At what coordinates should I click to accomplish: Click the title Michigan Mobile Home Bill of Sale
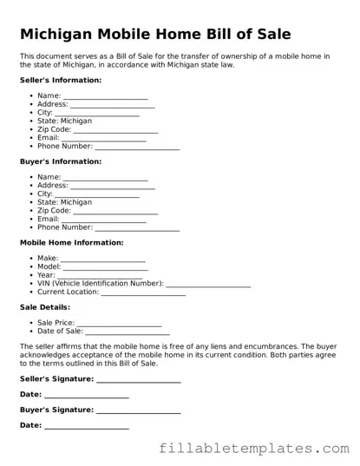point(155,35)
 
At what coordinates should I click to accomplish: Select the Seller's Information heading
point(61,80)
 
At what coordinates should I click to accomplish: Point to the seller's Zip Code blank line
point(115,130)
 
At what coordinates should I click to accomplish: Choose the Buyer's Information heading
point(61,161)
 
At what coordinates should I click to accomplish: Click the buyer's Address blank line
point(112,186)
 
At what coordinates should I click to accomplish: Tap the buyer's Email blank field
point(103,220)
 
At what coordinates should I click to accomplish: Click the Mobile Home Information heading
point(71,243)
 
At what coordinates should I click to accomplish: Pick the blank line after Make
point(103,259)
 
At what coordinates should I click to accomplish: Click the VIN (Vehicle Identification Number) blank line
point(208,284)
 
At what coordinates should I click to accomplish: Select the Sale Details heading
point(45,307)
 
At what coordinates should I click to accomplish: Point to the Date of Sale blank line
point(128,331)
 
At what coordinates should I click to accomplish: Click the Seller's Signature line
point(138,379)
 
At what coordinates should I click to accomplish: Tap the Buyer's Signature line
point(138,410)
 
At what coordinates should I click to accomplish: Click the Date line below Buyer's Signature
point(86,426)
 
